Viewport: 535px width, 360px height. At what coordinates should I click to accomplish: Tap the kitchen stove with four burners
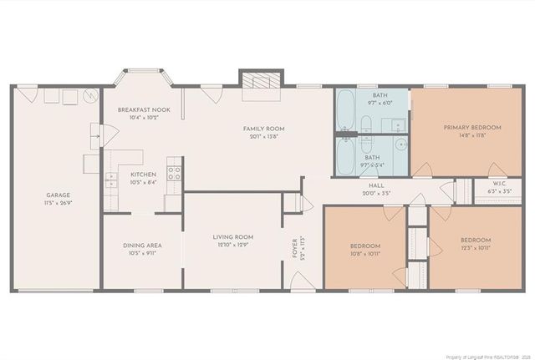[175, 174]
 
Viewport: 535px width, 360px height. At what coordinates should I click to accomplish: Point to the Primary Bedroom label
[472, 127]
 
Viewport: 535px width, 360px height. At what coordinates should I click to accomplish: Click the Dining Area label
[142, 245]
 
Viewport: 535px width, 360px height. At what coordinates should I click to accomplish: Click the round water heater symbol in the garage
[86, 98]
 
